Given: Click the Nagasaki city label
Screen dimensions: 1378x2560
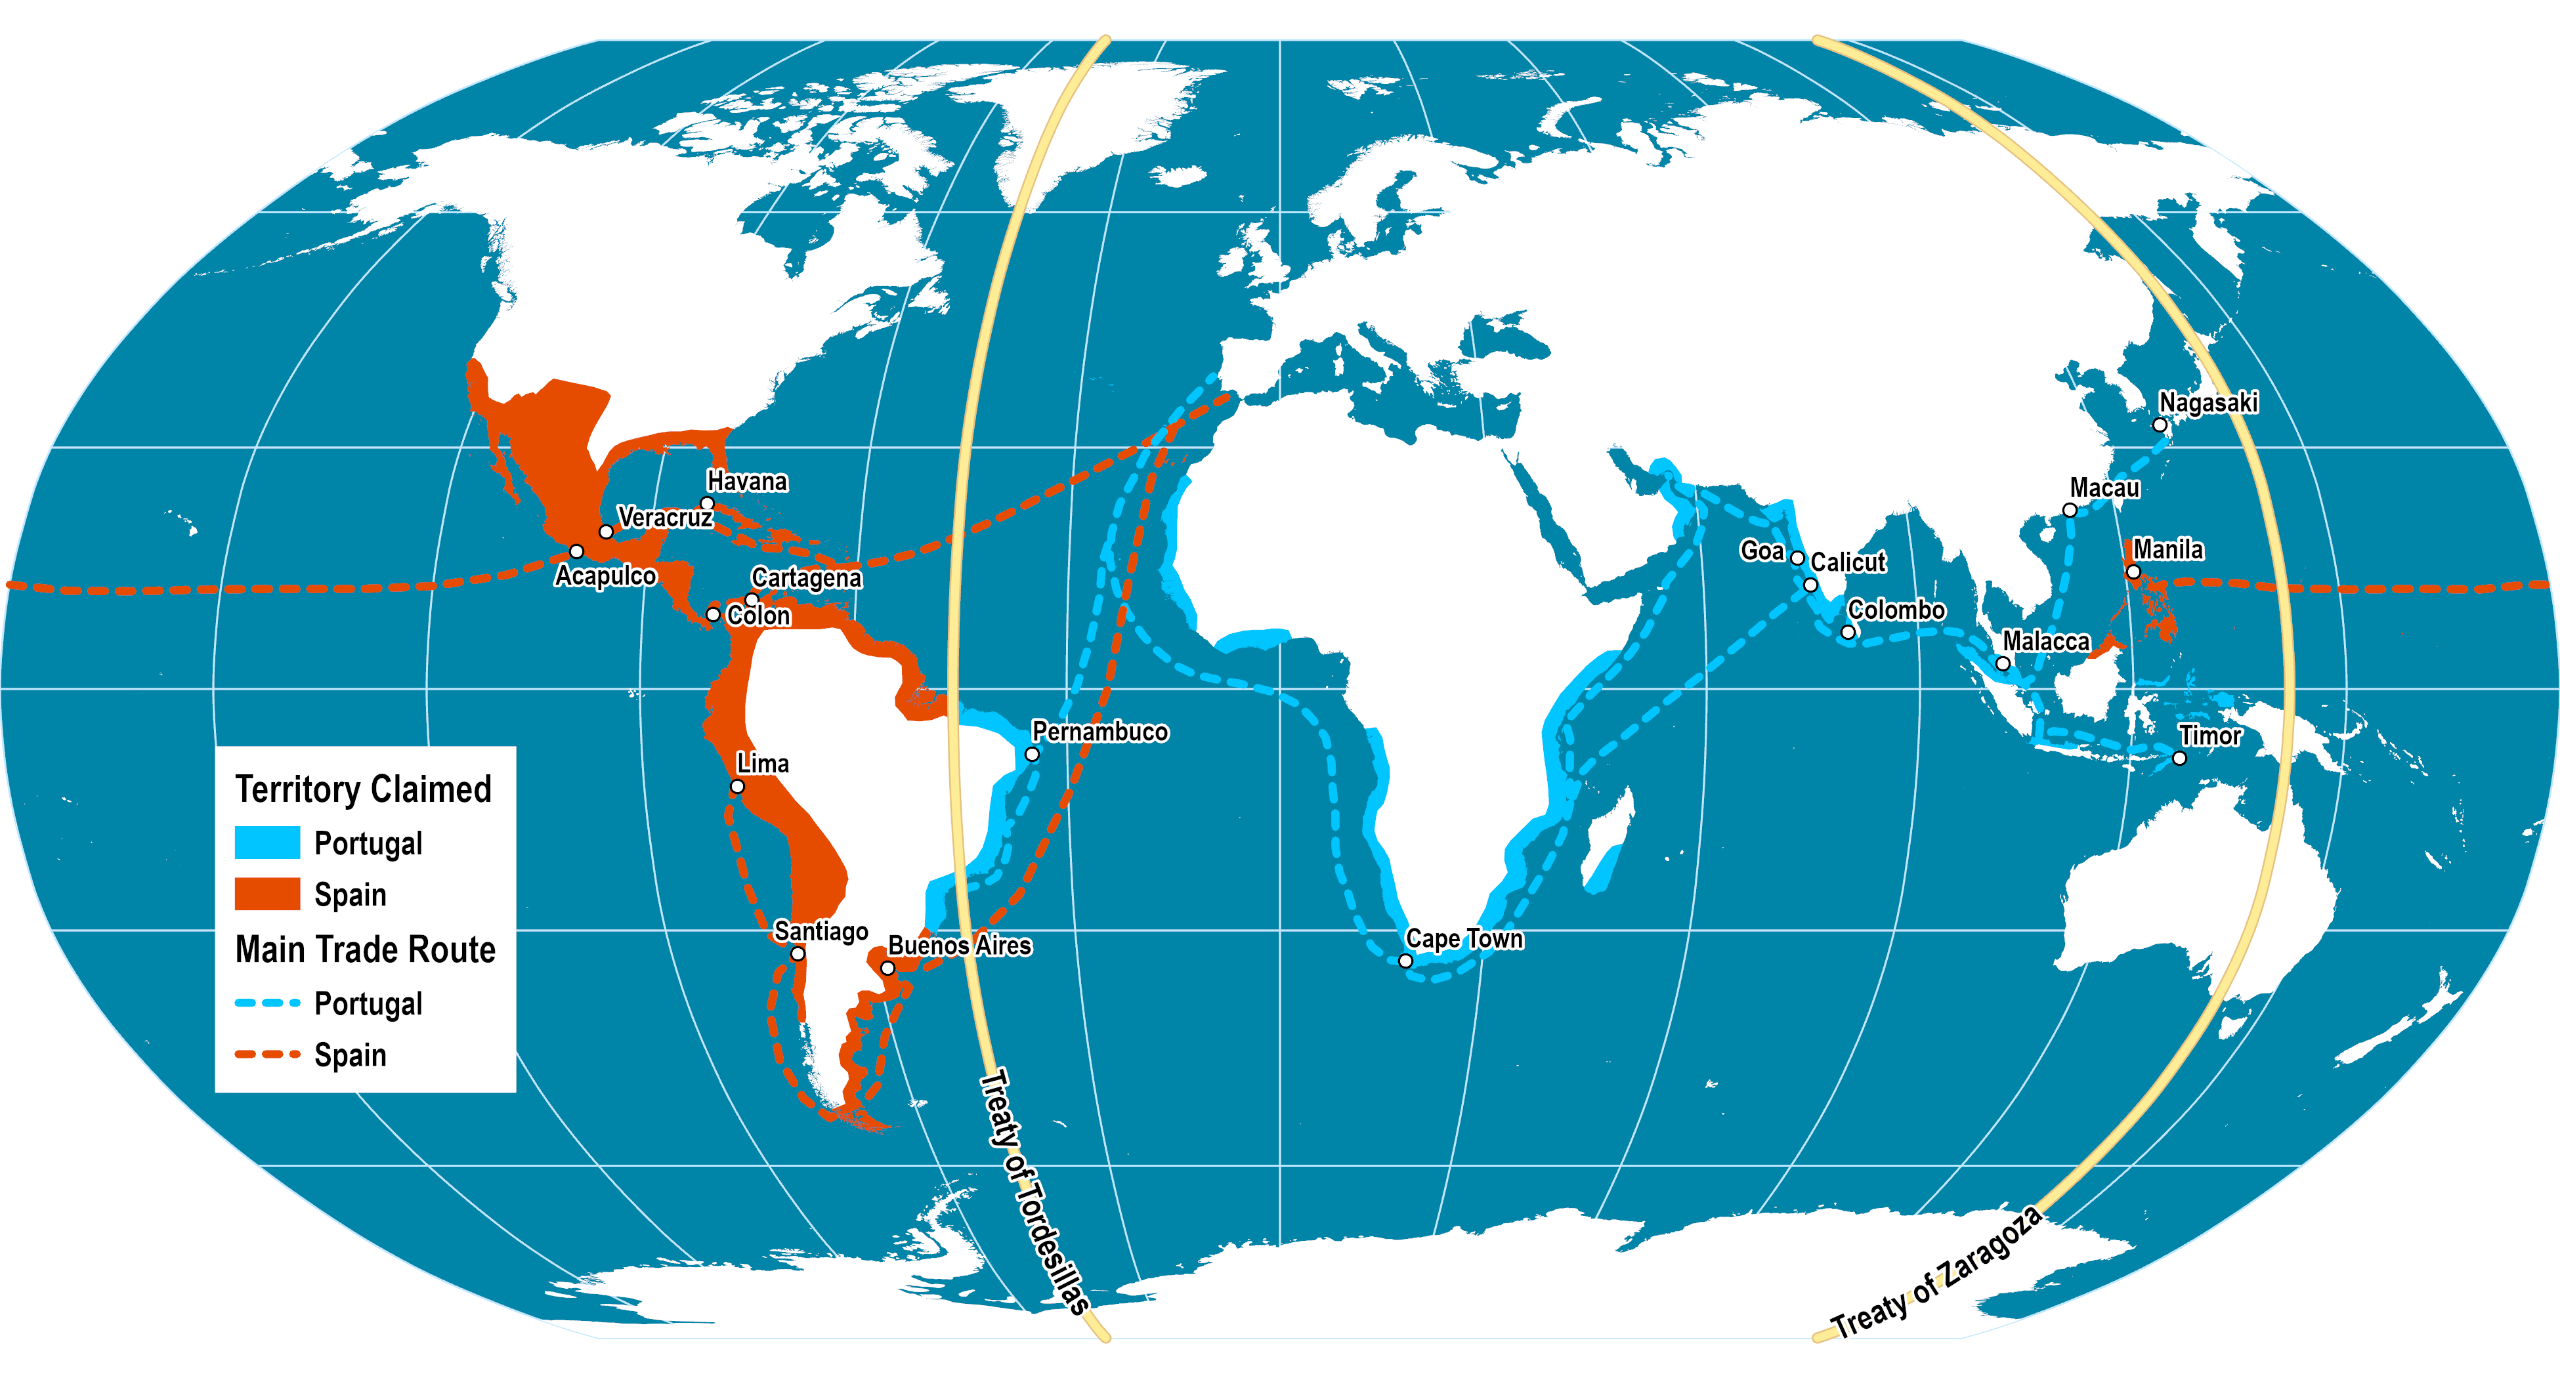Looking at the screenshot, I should (x=2208, y=402).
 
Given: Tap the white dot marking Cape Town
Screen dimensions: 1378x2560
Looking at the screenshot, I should (x=1405, y=961).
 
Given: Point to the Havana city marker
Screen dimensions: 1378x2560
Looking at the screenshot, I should (x=708, y=505).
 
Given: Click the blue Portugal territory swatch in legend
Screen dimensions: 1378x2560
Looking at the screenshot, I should (x=267, y=843).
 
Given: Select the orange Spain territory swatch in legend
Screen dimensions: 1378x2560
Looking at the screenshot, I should (x=267, y=894).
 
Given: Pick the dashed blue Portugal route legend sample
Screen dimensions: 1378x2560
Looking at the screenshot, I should (x=267, y=1003).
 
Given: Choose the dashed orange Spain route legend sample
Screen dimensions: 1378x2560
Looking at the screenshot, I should (x=267, y=1054).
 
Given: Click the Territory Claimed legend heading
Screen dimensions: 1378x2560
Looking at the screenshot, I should (x=364, y=789).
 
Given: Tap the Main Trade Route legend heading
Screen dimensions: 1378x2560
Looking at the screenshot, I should (x=365, y=950).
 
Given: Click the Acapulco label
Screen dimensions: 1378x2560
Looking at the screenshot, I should (x=605, y=576).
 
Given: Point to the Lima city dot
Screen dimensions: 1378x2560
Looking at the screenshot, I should (x=737, y=787).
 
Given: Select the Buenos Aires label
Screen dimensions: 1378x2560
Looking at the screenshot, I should (x=959, y=946).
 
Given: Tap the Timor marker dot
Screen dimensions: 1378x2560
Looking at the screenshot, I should (x=2179, y=758).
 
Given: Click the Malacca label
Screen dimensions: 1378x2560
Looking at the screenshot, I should (x=2045, y=642).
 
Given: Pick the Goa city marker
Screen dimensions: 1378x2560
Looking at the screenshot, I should (x=1797, y=558).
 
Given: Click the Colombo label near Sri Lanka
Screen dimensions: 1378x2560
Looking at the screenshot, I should (x=1896, y=610).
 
